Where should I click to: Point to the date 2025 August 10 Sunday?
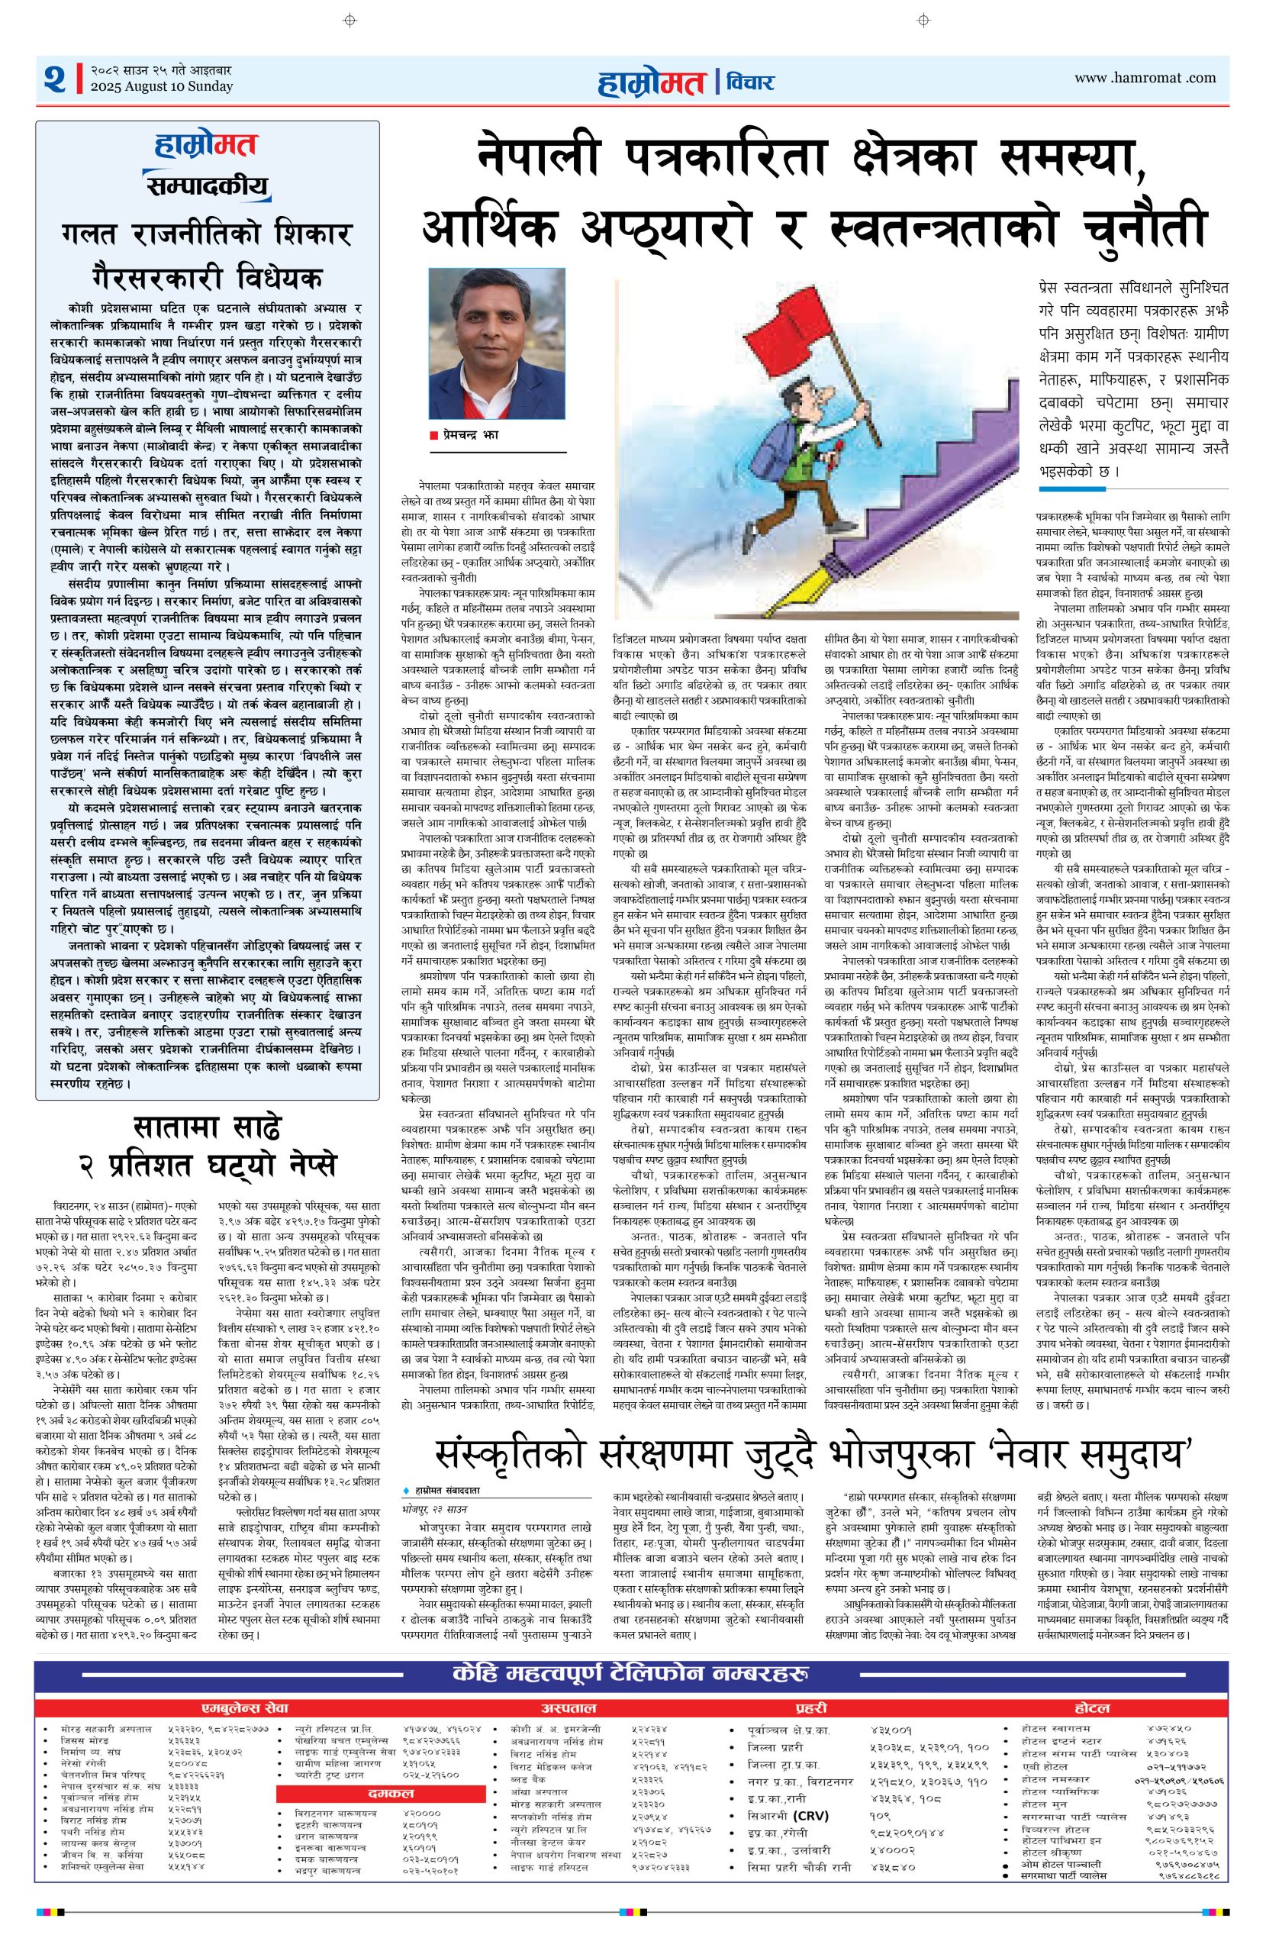[162, 87]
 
